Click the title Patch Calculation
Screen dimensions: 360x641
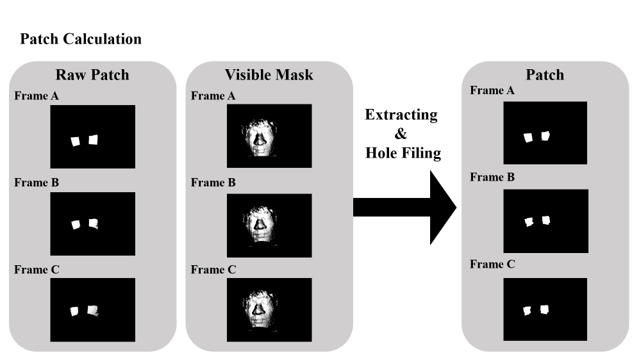pos(81,39)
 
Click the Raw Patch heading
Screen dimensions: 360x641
pos(92,75)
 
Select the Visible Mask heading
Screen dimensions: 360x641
pos(269,75)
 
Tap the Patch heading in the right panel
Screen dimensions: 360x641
pos(545,75)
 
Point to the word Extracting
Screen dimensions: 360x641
pos(401,115)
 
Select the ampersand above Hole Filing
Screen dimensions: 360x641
pos(401,135)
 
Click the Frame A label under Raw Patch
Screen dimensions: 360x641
pos(37,96)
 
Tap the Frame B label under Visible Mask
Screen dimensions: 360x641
pos(213,183)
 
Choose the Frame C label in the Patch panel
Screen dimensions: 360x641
pos(492,264)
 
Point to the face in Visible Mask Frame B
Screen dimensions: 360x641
pos(260,223)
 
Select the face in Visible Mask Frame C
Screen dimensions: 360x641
pos(259,309)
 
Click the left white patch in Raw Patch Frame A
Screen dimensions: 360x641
pos(76,140)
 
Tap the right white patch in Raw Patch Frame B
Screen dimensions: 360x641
pos(94,224)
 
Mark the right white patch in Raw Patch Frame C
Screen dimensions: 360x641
pos(94,311)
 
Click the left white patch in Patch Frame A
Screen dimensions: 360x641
pos(529,137)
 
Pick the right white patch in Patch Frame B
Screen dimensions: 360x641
pos(546,220)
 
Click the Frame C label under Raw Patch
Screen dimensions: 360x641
pos(37,270)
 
